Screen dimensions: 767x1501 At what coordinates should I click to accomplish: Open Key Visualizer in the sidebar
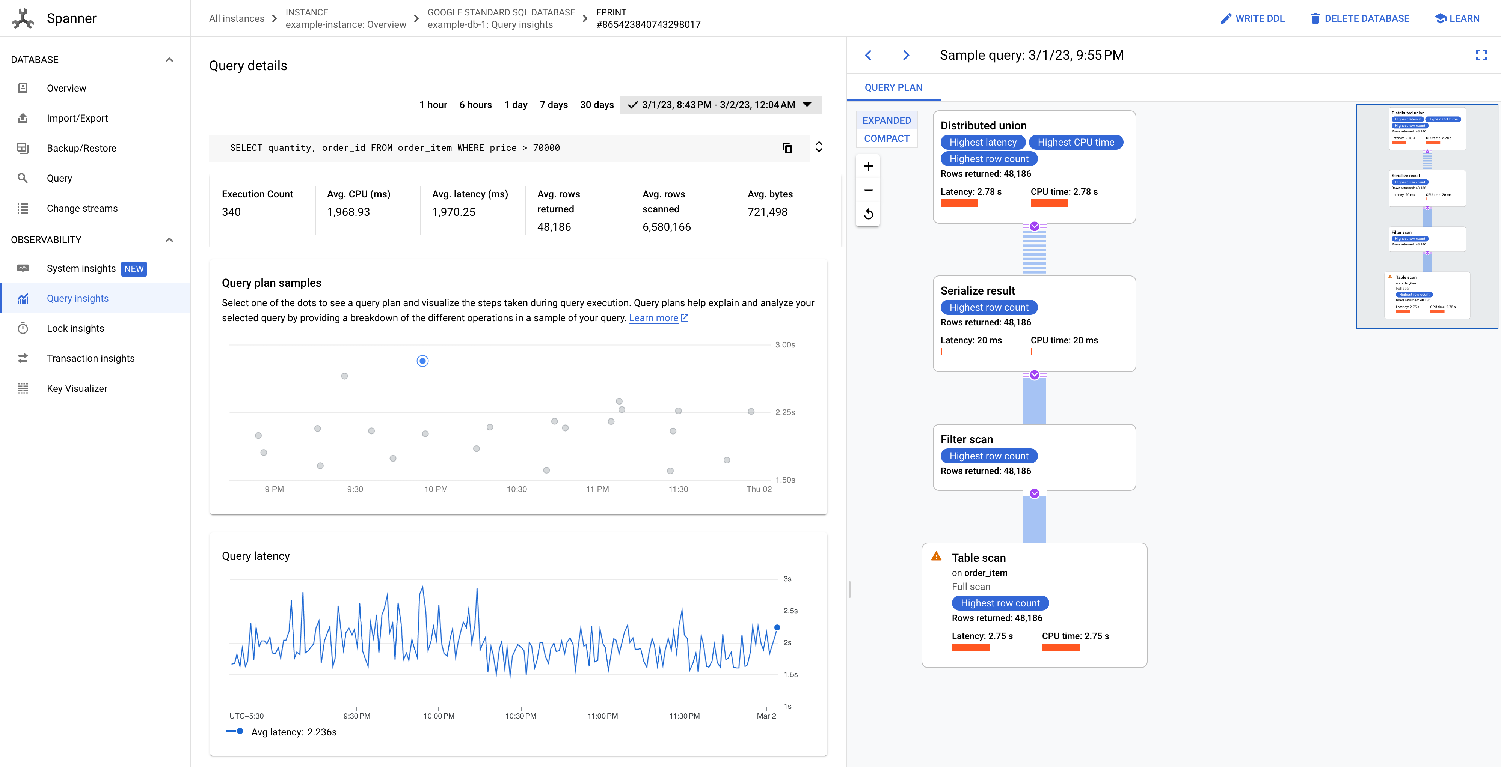77,388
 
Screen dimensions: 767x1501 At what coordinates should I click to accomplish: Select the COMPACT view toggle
886,138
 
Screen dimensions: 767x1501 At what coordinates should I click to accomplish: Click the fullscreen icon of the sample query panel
1481,55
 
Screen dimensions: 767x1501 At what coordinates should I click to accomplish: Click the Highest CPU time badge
1075,143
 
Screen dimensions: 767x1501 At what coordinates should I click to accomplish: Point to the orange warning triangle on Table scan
936,556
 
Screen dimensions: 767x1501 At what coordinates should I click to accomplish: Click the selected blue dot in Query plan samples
422,361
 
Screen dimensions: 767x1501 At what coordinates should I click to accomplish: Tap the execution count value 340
231,212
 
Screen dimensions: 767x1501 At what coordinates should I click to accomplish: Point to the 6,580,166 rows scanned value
666,227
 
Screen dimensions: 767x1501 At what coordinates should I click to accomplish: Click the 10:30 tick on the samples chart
516,489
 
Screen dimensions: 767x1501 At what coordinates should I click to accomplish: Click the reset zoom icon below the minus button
867,214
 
